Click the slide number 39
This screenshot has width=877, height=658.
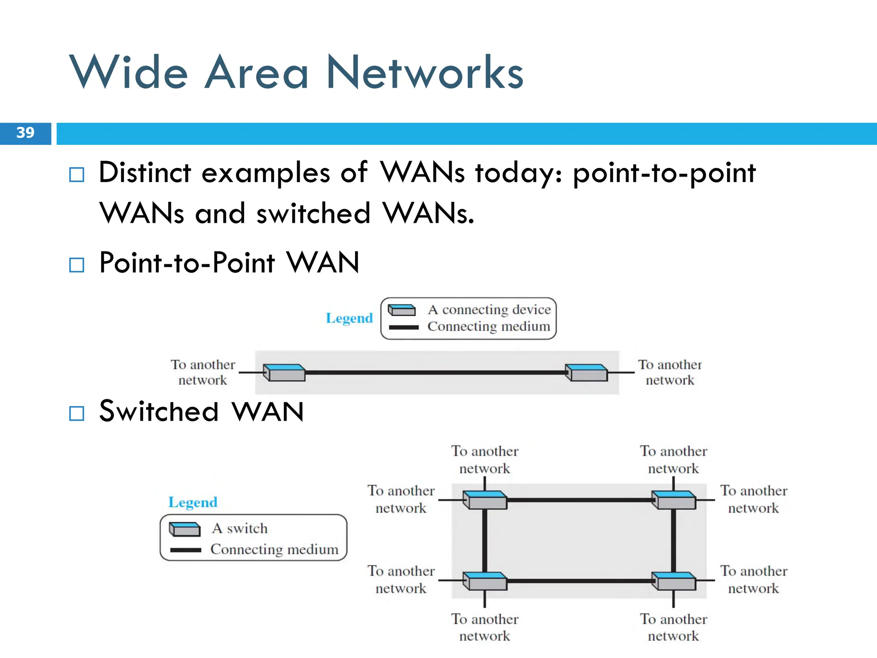click(x=25, y=133)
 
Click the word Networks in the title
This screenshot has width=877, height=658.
click(x=425, y=73)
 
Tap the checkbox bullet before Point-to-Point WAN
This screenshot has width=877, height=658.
click(x=77, y=265)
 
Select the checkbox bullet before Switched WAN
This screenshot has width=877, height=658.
click(x=77, y=413)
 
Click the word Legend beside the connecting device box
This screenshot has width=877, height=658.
click(x=349, y=318)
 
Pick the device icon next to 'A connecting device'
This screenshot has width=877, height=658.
click(x=402, y=310)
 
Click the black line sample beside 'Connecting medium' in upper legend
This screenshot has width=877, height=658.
click(x=403, y=328)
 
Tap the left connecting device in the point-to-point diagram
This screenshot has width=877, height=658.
click(x=284, y=372)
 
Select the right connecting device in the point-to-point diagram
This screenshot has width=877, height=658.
click(x=586, y=372)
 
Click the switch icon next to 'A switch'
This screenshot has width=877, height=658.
click(x=185, y=529)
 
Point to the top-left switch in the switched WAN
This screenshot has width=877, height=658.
click(x=485, y=500)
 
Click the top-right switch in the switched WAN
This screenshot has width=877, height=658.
click(x=674, y=500)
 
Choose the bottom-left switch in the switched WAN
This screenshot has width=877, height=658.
click(x=485, y=581)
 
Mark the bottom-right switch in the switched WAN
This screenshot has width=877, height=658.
click(x=674, y=581)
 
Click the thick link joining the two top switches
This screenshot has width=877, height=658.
click(x=579, y=500)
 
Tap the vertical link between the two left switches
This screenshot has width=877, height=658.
click(x=485, y=541)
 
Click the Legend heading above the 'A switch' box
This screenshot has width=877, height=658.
click(x=193, y=502)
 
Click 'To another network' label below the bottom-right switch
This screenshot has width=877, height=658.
click(x=673, y=628)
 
